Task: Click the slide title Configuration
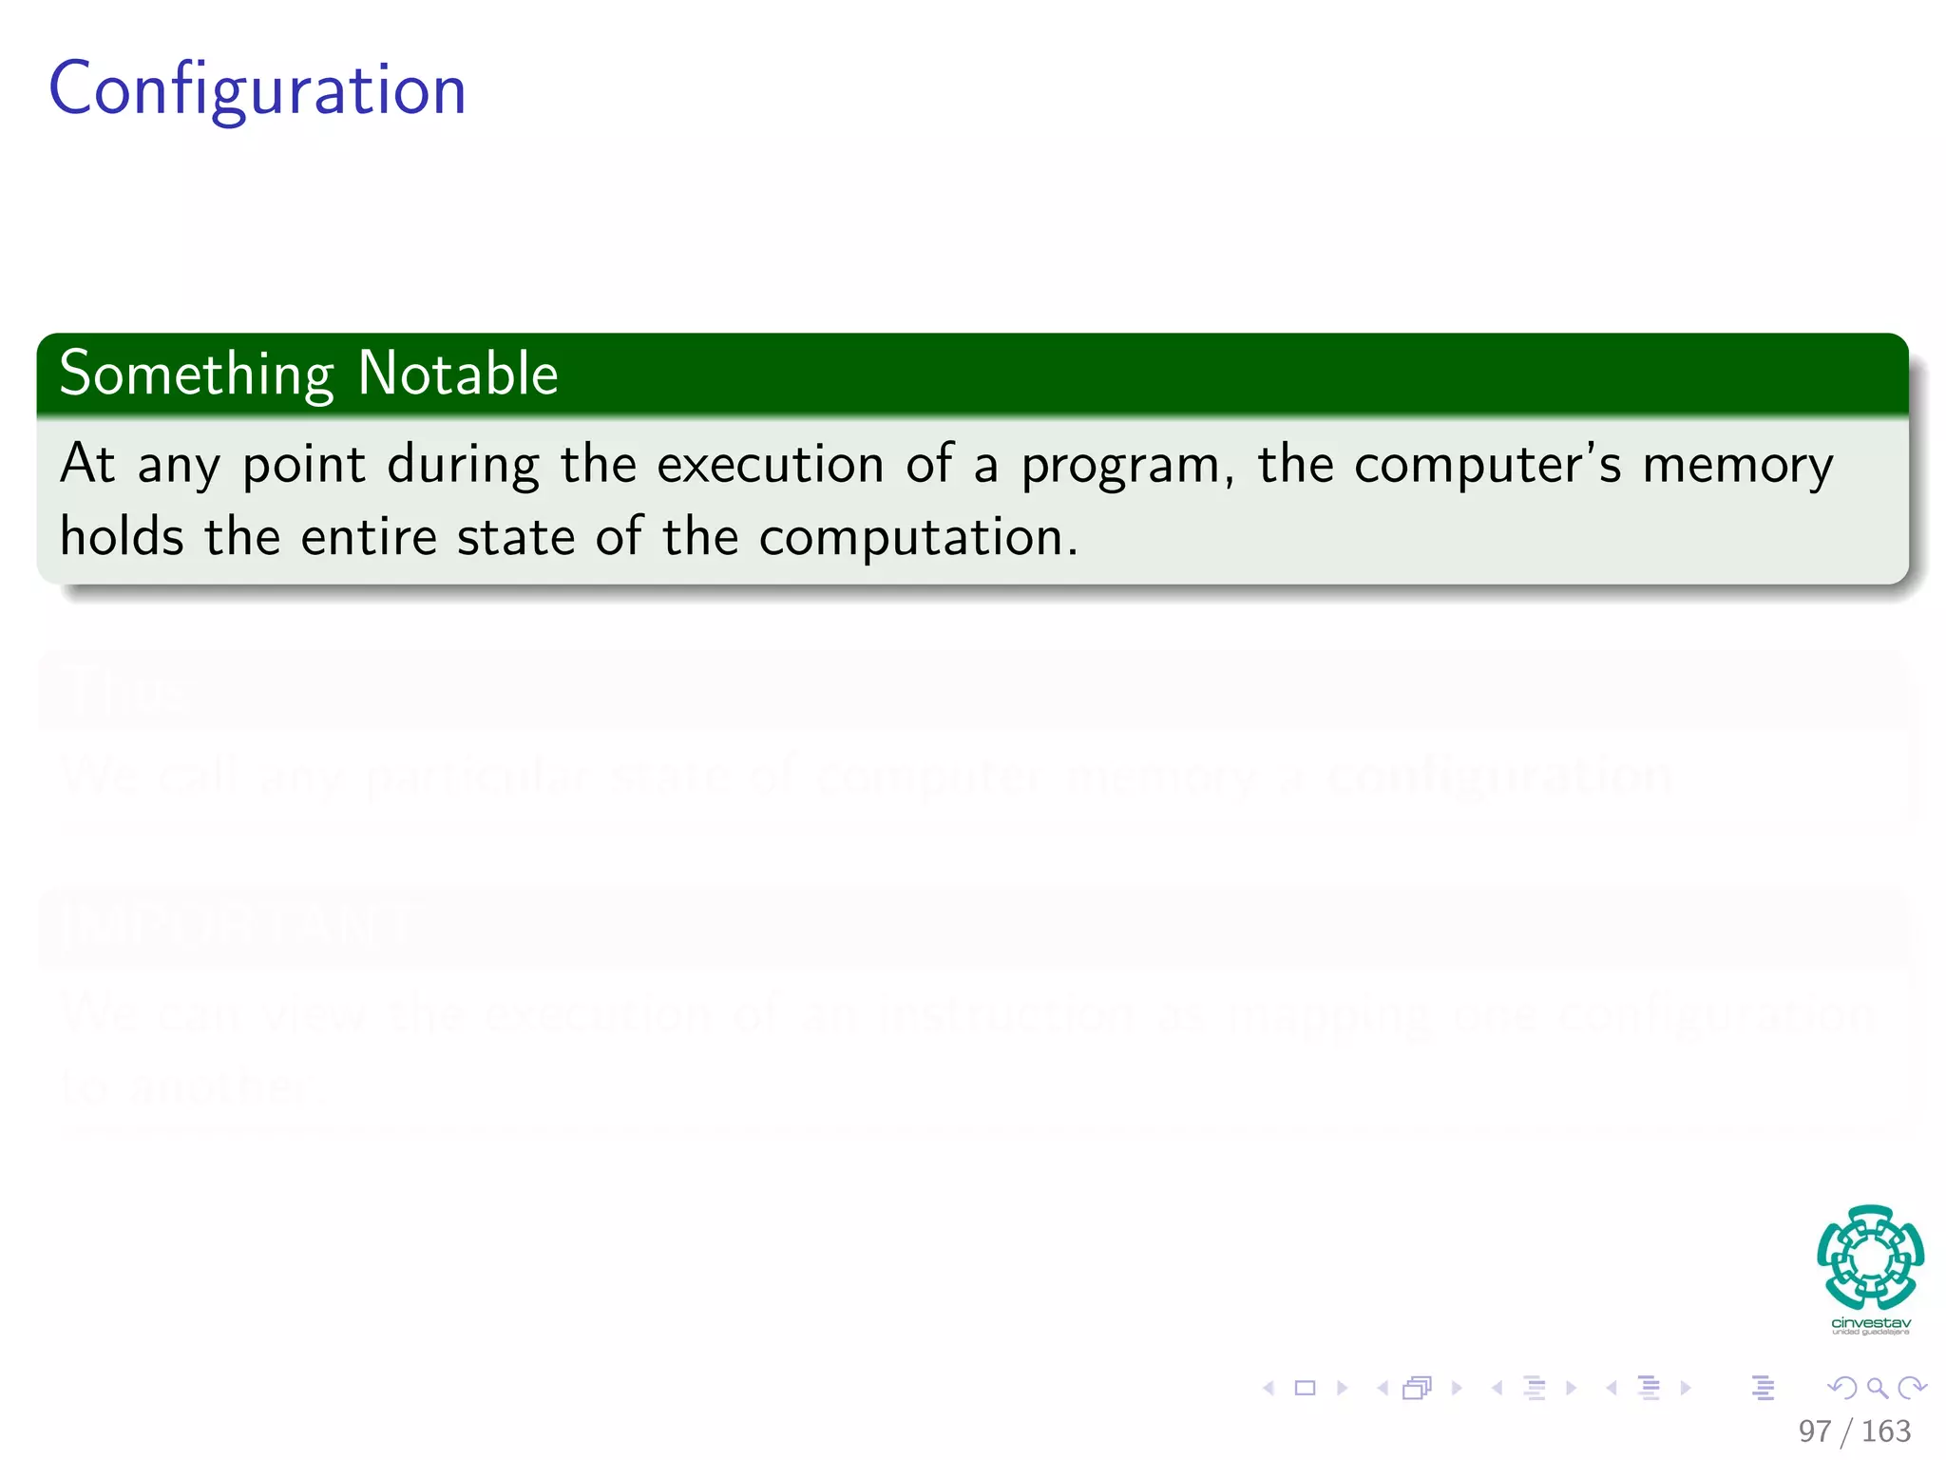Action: pos(257,88)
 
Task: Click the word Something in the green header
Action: pos(196,374)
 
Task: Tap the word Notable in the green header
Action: pos(458,374)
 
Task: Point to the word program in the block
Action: pos(1121,467)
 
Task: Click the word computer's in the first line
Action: pos(1488,466)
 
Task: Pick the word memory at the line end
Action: pos(1738,467)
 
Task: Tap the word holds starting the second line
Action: pos(122,537)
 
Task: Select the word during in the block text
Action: pos(464,466)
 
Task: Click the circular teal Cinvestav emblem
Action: pos(1870,1257)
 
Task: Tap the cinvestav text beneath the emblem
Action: pos(1870,1323)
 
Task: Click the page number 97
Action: pos(1814,1431)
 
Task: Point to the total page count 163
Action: pos(1885,1431)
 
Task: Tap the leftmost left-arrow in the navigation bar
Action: pos(1269,1389)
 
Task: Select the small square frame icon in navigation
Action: pos(1306,1389)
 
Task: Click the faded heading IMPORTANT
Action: pos(238,925)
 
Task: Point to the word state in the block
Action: pos(516,537)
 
